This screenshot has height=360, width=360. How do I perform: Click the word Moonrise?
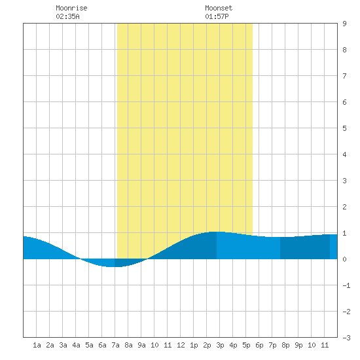[x=71, y=8]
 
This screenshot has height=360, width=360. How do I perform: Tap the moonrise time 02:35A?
[x=67, y=16]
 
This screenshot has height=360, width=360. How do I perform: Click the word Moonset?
[x=219, y=8]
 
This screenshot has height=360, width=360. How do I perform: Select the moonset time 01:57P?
[x=217, y=16]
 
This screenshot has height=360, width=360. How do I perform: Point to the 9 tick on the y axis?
[x=344, y=24]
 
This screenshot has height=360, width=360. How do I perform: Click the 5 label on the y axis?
[x=344, y=128]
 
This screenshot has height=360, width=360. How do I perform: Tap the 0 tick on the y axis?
[x=344, y=259]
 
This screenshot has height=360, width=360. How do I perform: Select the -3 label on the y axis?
[x=346, y=338]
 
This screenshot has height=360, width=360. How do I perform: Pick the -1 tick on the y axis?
[x=346, y=285]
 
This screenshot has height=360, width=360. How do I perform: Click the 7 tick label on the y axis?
[x=344, y=76]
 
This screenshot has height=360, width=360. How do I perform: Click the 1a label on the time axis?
[x=37, y=345]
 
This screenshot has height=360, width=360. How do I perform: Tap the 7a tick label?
[x=115, y=345]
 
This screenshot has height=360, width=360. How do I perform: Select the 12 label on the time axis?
[x=181, y=345]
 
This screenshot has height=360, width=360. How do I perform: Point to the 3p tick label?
[x=220, y=345]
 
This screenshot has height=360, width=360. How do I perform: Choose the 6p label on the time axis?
[x=259, y=345]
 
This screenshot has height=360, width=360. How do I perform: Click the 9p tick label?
[x=298, y=345]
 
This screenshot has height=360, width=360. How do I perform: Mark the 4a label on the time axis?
[x=76, y=345]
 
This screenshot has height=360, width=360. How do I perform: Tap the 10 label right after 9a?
[x=154, y=345]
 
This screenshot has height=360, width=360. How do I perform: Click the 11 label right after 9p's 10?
[x=325, y=345]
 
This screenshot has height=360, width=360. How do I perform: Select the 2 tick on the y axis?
[x=344, y=207]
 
